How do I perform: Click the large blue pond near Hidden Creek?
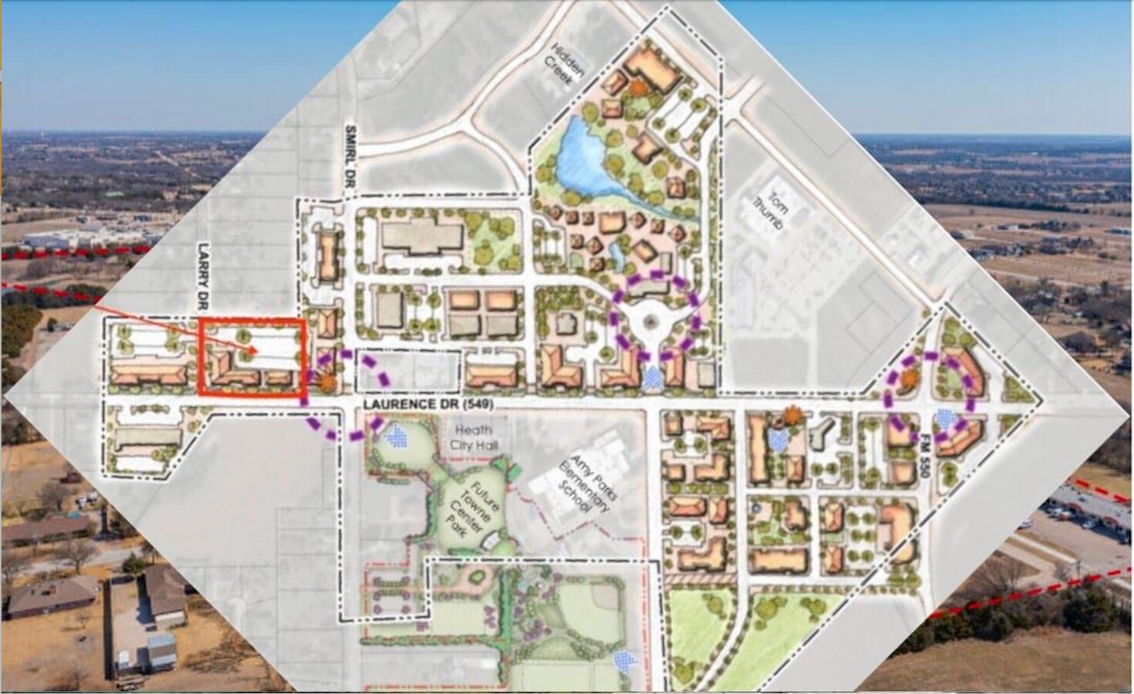(588, 163)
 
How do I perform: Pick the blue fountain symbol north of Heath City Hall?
(397, 436)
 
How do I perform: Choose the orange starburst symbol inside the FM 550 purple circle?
(907, 378)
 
